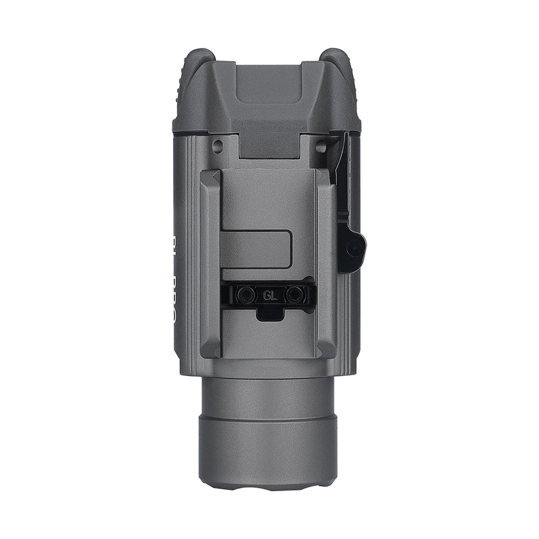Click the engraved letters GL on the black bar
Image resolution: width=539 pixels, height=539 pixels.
[x=270, y=294]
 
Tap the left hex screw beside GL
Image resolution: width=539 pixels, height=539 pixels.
[x=247, y=294]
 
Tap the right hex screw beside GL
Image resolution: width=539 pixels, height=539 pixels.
[x=294, y=294]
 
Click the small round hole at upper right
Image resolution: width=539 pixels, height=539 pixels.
[x=322, y=145]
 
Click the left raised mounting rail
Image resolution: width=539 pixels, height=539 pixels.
[x=210, y=263]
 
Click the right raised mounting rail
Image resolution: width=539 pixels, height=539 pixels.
[x=327, y=263]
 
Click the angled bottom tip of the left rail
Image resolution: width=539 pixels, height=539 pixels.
[x=211, y=350]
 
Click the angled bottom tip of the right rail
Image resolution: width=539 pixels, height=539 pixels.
[x=327, y=350]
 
